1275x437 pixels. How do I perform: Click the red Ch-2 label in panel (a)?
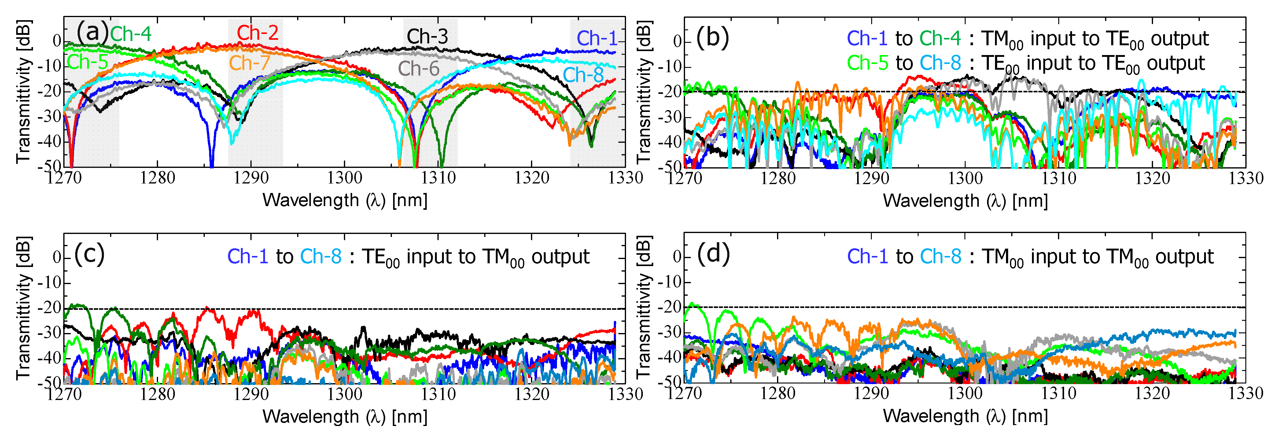tap(257, 33)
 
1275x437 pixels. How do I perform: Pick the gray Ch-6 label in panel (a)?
tap(419, 69)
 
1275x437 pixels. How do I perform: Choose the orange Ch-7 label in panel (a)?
tap(249, 63)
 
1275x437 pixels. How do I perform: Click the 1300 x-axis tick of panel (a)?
tap(345, 178)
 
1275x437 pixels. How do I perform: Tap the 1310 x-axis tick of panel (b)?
tap(1059, 178)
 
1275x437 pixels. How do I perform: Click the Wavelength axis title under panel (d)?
tap(965, 416)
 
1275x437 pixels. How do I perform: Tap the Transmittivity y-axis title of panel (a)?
tap(24, 91)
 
